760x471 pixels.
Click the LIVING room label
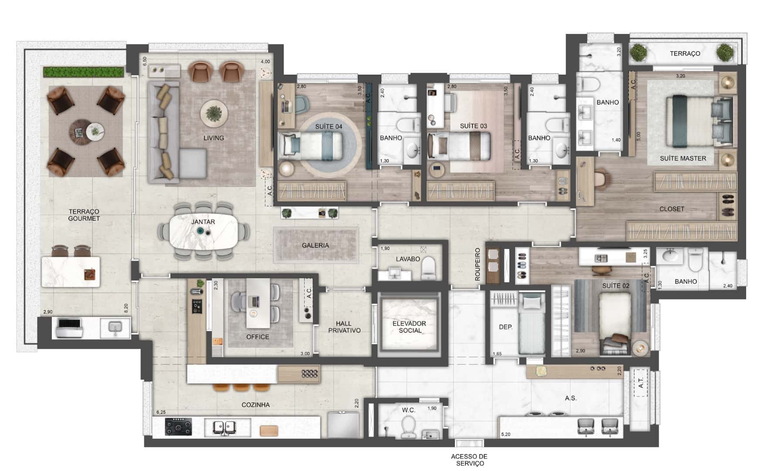[214, 138]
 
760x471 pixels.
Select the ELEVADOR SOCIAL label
[409, 327]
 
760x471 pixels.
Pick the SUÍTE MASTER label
[683, 158]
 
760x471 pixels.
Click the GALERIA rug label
[316, 246]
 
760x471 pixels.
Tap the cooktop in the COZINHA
[178, 427]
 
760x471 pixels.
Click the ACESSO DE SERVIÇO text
[470, 460]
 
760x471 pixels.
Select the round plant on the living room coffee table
[214, 113]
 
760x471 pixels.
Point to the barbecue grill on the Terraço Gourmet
[68, 328]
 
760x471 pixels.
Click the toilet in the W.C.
[408, 426]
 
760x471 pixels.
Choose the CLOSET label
[672, 209]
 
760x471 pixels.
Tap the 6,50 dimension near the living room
[145, 61]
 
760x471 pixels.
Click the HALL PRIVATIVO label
[344, 327]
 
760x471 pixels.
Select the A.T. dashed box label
[641, 382]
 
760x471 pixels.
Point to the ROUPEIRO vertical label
[478, 264]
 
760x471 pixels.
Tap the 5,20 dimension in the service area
[506, 434]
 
